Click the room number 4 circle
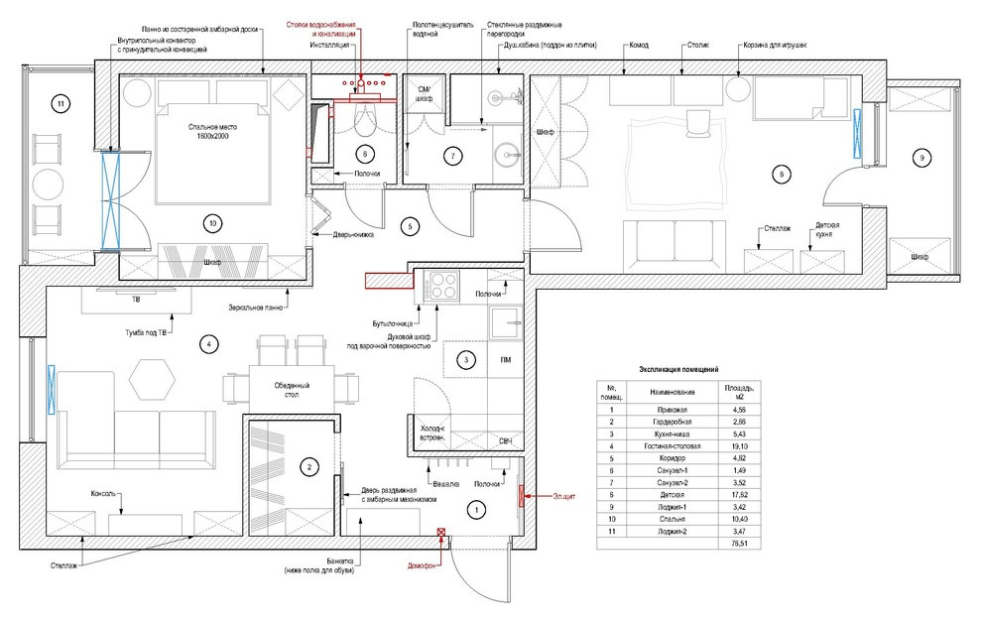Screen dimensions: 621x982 pyautogui.click(x=208, y=344)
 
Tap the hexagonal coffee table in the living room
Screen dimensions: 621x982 pyautogui.click(x=153, y=375)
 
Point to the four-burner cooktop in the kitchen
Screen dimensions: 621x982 pyautogui.click(x=440, y=287)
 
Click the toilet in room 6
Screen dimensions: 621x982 pyautogui.click(x=365, y=123)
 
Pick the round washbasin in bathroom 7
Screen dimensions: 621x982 pyautogui.click(x=513, y=157)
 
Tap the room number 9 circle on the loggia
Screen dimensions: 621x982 pyautogui.click(x=921, y=158)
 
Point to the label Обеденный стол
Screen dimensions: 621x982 pyautogui.click(x=293, y=390)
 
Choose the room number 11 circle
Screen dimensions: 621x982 pyautogui.click(x=61, y=103)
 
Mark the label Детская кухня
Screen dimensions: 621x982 pyautogui.click(x=827, y=230)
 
